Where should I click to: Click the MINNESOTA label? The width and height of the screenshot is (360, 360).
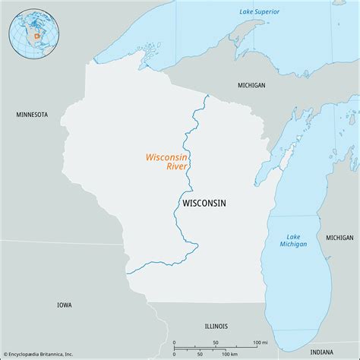coord(32,115)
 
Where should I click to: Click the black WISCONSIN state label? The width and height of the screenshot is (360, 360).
coord(204,204)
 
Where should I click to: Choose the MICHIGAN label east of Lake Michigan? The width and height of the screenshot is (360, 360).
coord(339,238)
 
